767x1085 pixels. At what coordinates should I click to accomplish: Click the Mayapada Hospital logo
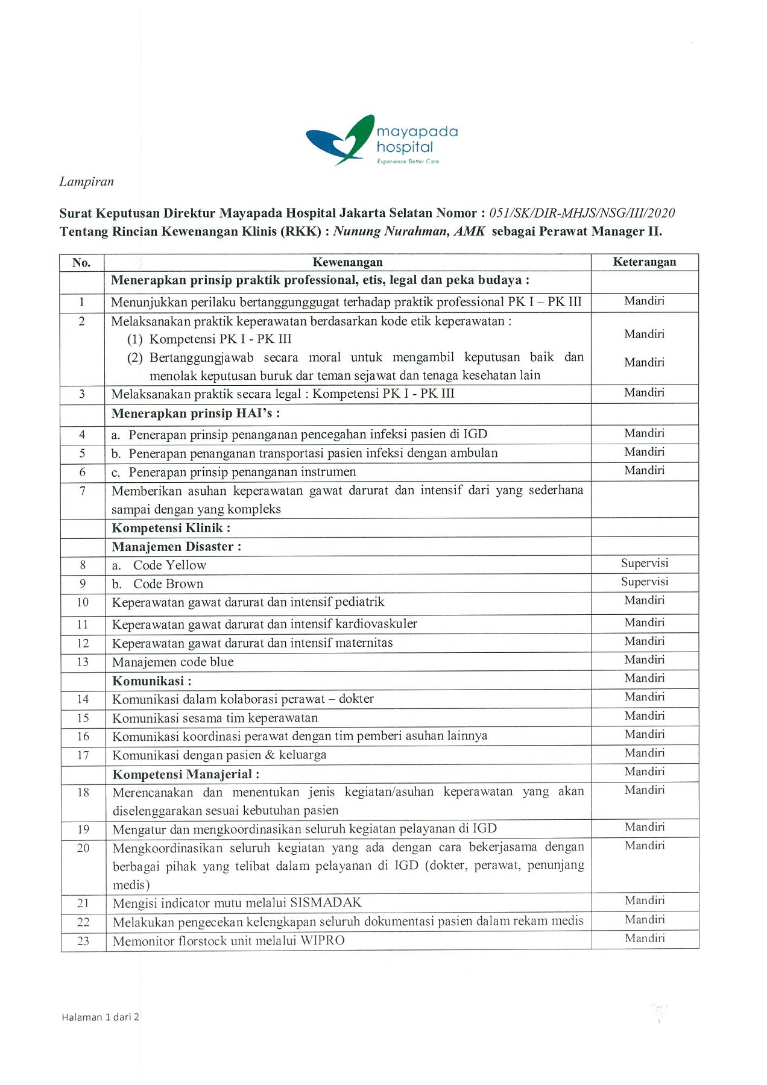381,140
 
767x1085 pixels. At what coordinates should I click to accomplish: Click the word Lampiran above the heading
86,181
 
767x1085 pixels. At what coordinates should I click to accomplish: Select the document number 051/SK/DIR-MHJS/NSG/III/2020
582,213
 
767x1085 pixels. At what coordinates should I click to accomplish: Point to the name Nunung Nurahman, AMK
409,231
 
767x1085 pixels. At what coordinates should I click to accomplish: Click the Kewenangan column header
347,262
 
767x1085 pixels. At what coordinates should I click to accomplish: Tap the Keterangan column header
644,262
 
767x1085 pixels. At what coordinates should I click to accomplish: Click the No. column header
81,262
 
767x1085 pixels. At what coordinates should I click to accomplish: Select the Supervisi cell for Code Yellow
644,563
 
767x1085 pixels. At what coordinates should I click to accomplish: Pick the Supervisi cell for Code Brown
644,582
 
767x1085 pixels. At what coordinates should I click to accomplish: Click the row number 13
83,662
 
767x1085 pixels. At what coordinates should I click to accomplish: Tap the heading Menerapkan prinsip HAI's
195,414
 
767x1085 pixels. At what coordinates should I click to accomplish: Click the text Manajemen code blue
173,662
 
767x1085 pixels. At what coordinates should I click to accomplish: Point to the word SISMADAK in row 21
326,902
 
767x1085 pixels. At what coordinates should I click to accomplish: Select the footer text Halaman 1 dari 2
100,1017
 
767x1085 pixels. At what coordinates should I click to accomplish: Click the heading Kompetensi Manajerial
186,774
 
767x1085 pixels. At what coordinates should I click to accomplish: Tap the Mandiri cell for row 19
644,827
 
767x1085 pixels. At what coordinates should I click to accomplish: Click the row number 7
83,491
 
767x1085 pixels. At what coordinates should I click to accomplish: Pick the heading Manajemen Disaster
176,547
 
